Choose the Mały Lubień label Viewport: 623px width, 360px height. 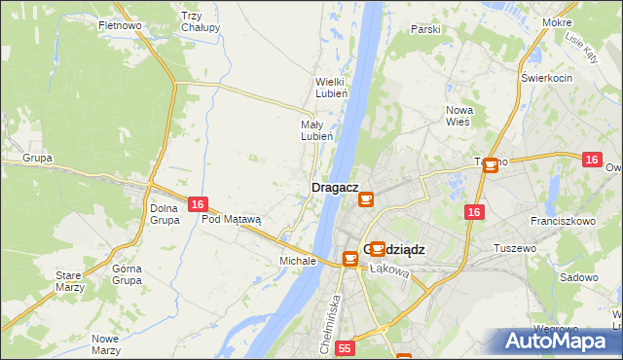316,130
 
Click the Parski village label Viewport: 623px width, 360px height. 425,29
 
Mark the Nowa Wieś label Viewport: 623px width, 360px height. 458,116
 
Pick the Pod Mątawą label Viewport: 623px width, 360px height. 232,219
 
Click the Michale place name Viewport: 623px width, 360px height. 298,261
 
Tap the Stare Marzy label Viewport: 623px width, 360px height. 68,281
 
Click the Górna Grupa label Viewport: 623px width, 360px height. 127,274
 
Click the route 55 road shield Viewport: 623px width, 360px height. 345,347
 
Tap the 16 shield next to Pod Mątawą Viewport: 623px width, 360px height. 198,204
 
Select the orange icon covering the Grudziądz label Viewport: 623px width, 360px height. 377,248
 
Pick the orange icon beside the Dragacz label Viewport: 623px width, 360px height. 366,199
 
